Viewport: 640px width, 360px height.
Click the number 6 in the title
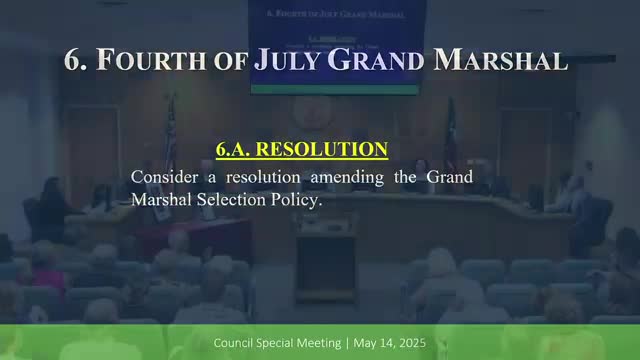click(75, 59)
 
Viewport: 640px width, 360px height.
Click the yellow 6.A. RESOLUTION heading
click(302, 150)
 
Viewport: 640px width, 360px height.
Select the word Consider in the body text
click(166, 177)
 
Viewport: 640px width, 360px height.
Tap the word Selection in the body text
click(235, 199)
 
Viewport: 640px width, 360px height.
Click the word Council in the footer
click(236, 343)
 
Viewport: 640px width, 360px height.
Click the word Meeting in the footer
click(317, 343)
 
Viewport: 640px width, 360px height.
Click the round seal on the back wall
click(311, 113)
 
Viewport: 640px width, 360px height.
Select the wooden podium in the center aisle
click(326, 262)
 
